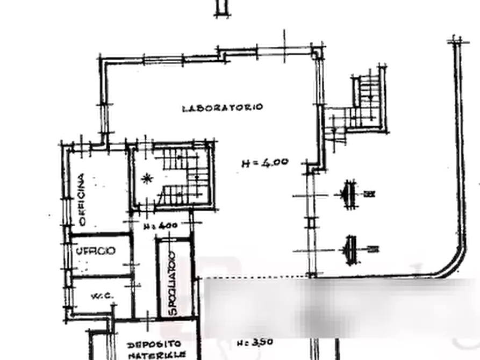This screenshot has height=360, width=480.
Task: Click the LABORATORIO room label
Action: pyautogui.click(x=221, y=107)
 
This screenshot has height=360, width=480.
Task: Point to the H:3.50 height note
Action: pyautogui.click(x=255, y=342)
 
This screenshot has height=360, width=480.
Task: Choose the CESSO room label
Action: pyautogui.click(x=96, y=251)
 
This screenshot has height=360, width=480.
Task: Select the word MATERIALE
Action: pyautogui.click(x=156, y=355)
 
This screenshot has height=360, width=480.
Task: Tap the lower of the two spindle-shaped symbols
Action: pyautogui.click(x=352, y=248)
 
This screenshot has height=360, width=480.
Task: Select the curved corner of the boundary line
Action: pyautogui.click(x=449, y=269)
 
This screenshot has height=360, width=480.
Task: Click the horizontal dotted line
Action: pyautogui.click(x=253, y=278)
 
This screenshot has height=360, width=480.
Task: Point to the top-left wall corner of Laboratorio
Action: pyautogui.click(x=104, y=60)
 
